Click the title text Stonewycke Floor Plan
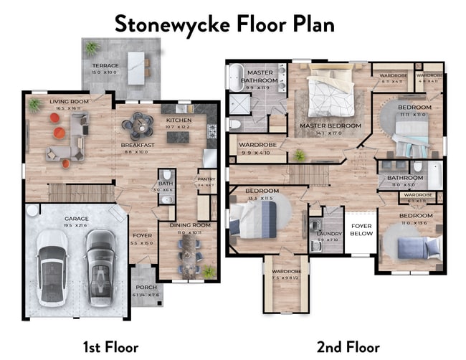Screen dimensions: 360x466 click(x=224, y=23)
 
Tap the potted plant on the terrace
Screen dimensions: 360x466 click(x=92, y=48)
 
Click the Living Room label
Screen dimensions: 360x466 click(x=69, y=102)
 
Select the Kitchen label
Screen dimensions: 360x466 click(x=178, y=120)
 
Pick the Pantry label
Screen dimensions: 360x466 click(x=206, y=180)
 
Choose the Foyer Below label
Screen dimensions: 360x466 click(x=361, y=229)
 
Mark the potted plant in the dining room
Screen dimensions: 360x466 click(x=209, y=271)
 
